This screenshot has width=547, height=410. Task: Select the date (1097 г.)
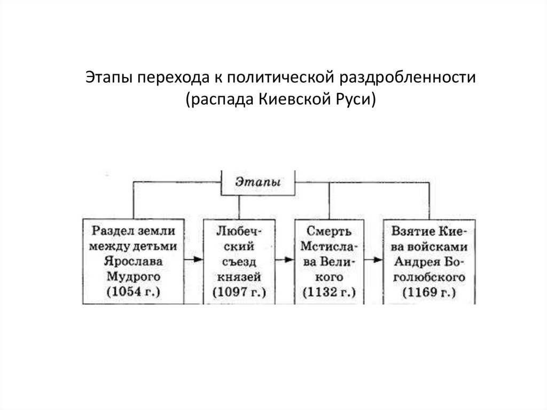240,292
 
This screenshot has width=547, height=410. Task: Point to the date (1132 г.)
329,292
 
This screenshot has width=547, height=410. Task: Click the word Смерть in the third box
330,231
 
